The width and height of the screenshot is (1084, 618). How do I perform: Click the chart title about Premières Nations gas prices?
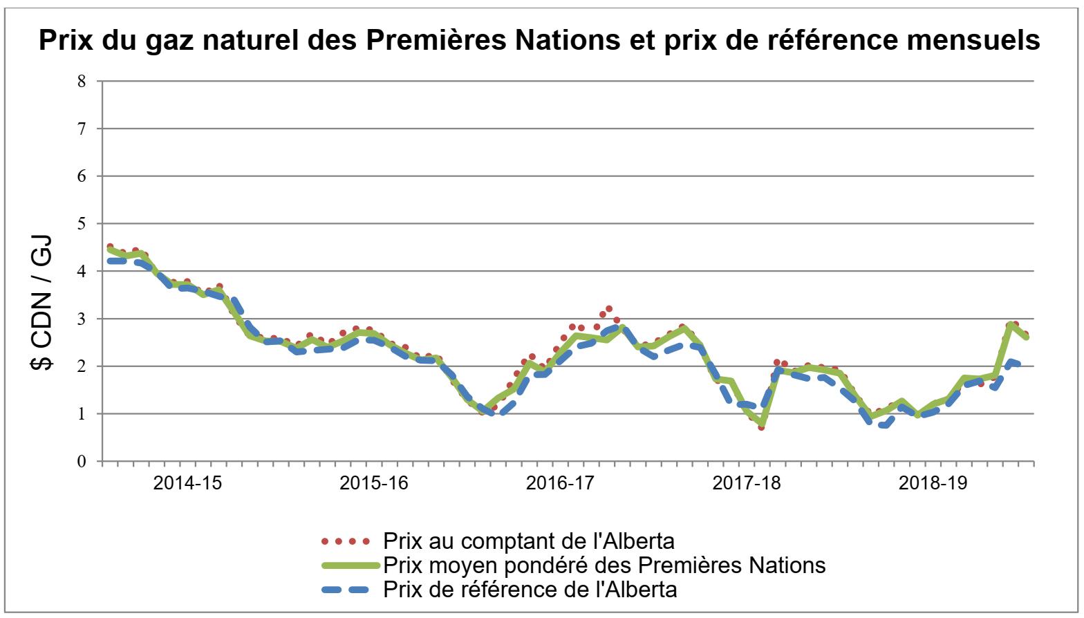click(x=539, y=40)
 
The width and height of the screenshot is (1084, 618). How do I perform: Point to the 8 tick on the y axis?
click(x=82, y=81)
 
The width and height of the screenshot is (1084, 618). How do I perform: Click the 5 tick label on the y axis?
click(x=82, y=223)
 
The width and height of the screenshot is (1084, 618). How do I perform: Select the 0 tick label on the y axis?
click(x=82, y=461)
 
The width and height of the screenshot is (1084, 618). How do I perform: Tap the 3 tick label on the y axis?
click(x=82, y=319)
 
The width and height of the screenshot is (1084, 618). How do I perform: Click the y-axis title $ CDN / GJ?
click(x=42, y=303)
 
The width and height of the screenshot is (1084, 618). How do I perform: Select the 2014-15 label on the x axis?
click(x=187, y=483)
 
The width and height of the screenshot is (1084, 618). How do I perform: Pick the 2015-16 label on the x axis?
click(x=374, y=483)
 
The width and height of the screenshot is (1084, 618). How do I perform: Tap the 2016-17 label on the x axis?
click(x=560, y=483)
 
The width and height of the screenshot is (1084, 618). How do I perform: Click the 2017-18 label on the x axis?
click(x=747, y=483)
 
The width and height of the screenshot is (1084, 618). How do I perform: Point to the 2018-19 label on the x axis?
click(x=933, y=483)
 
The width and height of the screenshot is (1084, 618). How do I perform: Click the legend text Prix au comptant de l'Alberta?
click(x=529, y=541)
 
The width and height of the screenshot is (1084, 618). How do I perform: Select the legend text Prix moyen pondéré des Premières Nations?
click(x=604, y=565)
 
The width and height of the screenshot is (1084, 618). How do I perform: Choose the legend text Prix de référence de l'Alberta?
click(x=530, y=590)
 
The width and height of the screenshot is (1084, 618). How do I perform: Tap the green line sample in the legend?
click(x=351, y=565)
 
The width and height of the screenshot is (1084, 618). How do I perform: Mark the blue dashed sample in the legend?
click(x=351, y=590)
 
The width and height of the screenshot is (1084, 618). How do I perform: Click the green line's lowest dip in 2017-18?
click(x=761, y=424)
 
